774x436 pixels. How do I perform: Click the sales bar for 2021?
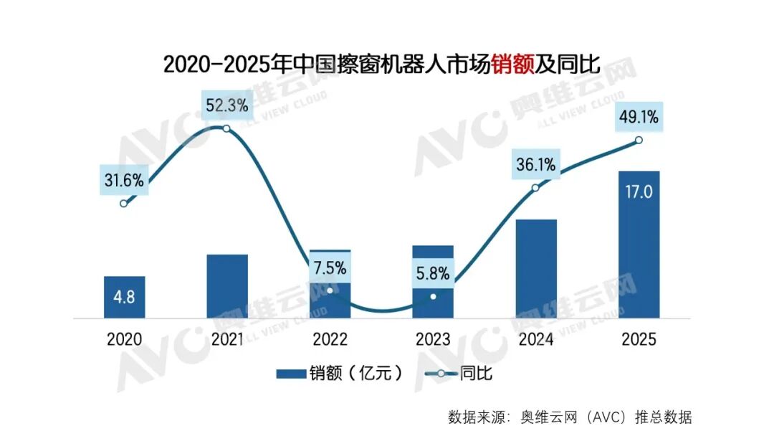point(227,286)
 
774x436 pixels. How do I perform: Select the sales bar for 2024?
point(536,268)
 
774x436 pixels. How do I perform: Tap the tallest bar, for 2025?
point(639,244)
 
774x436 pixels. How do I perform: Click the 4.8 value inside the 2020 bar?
point(125,296)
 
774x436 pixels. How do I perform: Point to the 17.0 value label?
point(639,193)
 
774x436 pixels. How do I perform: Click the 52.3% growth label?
point(227,106)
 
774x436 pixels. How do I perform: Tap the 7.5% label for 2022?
point(330,269)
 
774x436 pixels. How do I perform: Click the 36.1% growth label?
point(536,165)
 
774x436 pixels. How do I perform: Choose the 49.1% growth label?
point(639,116)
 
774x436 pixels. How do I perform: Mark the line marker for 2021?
point(227,128)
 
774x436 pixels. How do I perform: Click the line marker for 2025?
point(639,141)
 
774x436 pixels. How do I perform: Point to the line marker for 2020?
point(124,204)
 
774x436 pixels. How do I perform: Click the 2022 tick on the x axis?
point(330,339)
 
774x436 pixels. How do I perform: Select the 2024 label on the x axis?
point(536,339)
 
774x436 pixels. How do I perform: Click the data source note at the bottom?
point(570,417)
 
